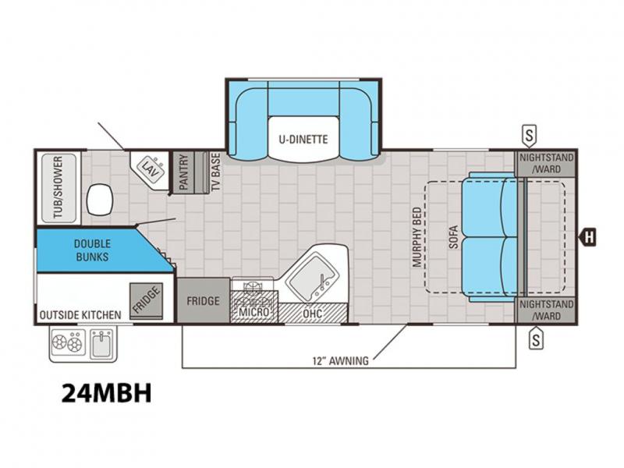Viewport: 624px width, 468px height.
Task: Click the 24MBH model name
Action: [107, 393]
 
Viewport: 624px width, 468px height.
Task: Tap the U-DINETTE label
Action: [303, 140]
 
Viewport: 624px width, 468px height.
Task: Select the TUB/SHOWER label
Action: [58, 187]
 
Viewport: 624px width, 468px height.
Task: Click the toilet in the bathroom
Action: [100, 200]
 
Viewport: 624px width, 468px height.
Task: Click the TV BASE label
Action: [215, 172]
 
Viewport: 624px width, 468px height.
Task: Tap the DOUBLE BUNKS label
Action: [92, 250]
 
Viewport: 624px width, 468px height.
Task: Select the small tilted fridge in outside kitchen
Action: [146, 301]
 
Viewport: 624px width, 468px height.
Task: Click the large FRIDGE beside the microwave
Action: [204, 300]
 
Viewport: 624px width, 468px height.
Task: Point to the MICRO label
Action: [254, 312]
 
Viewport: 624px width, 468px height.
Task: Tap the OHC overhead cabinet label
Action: [313, 314]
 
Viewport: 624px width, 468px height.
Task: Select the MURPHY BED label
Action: [417, 236]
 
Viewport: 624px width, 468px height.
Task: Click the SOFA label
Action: [454, 237]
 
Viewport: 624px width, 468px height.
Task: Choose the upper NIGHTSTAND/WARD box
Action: [546, 164]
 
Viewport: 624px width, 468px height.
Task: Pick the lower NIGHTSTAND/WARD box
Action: [546, 310]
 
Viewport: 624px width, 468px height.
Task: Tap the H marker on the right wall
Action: [589, 238]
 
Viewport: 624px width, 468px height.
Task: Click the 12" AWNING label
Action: [340, 361]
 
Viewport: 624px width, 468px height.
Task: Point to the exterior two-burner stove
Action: [67, 342]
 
